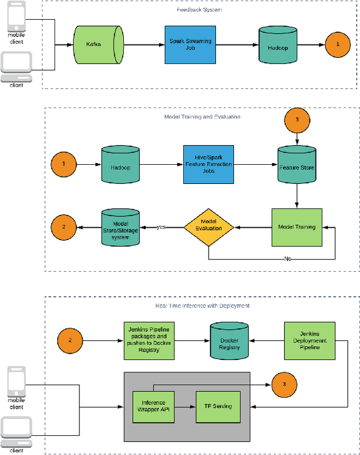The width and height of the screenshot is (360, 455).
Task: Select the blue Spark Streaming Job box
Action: [190, 45]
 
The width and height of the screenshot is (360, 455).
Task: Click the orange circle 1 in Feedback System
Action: [337, 44]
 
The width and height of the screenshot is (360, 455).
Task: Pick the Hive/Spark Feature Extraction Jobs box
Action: [208, 164]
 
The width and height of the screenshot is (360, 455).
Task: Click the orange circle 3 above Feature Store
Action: [296, 119]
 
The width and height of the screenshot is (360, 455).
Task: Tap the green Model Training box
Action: [297, 227]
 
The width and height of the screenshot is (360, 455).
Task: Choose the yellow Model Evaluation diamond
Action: [208, 227]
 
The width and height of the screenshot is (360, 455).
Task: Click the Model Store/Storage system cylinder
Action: [120, 227]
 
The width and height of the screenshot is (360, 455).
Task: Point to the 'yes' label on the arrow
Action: [161, 227]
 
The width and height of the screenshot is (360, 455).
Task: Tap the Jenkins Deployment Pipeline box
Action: [309, 341]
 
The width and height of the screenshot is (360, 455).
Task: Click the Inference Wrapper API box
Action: [154, 406]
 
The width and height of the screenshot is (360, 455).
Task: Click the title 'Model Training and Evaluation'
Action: [201, 117]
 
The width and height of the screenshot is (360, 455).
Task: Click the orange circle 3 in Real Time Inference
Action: [284, 385]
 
